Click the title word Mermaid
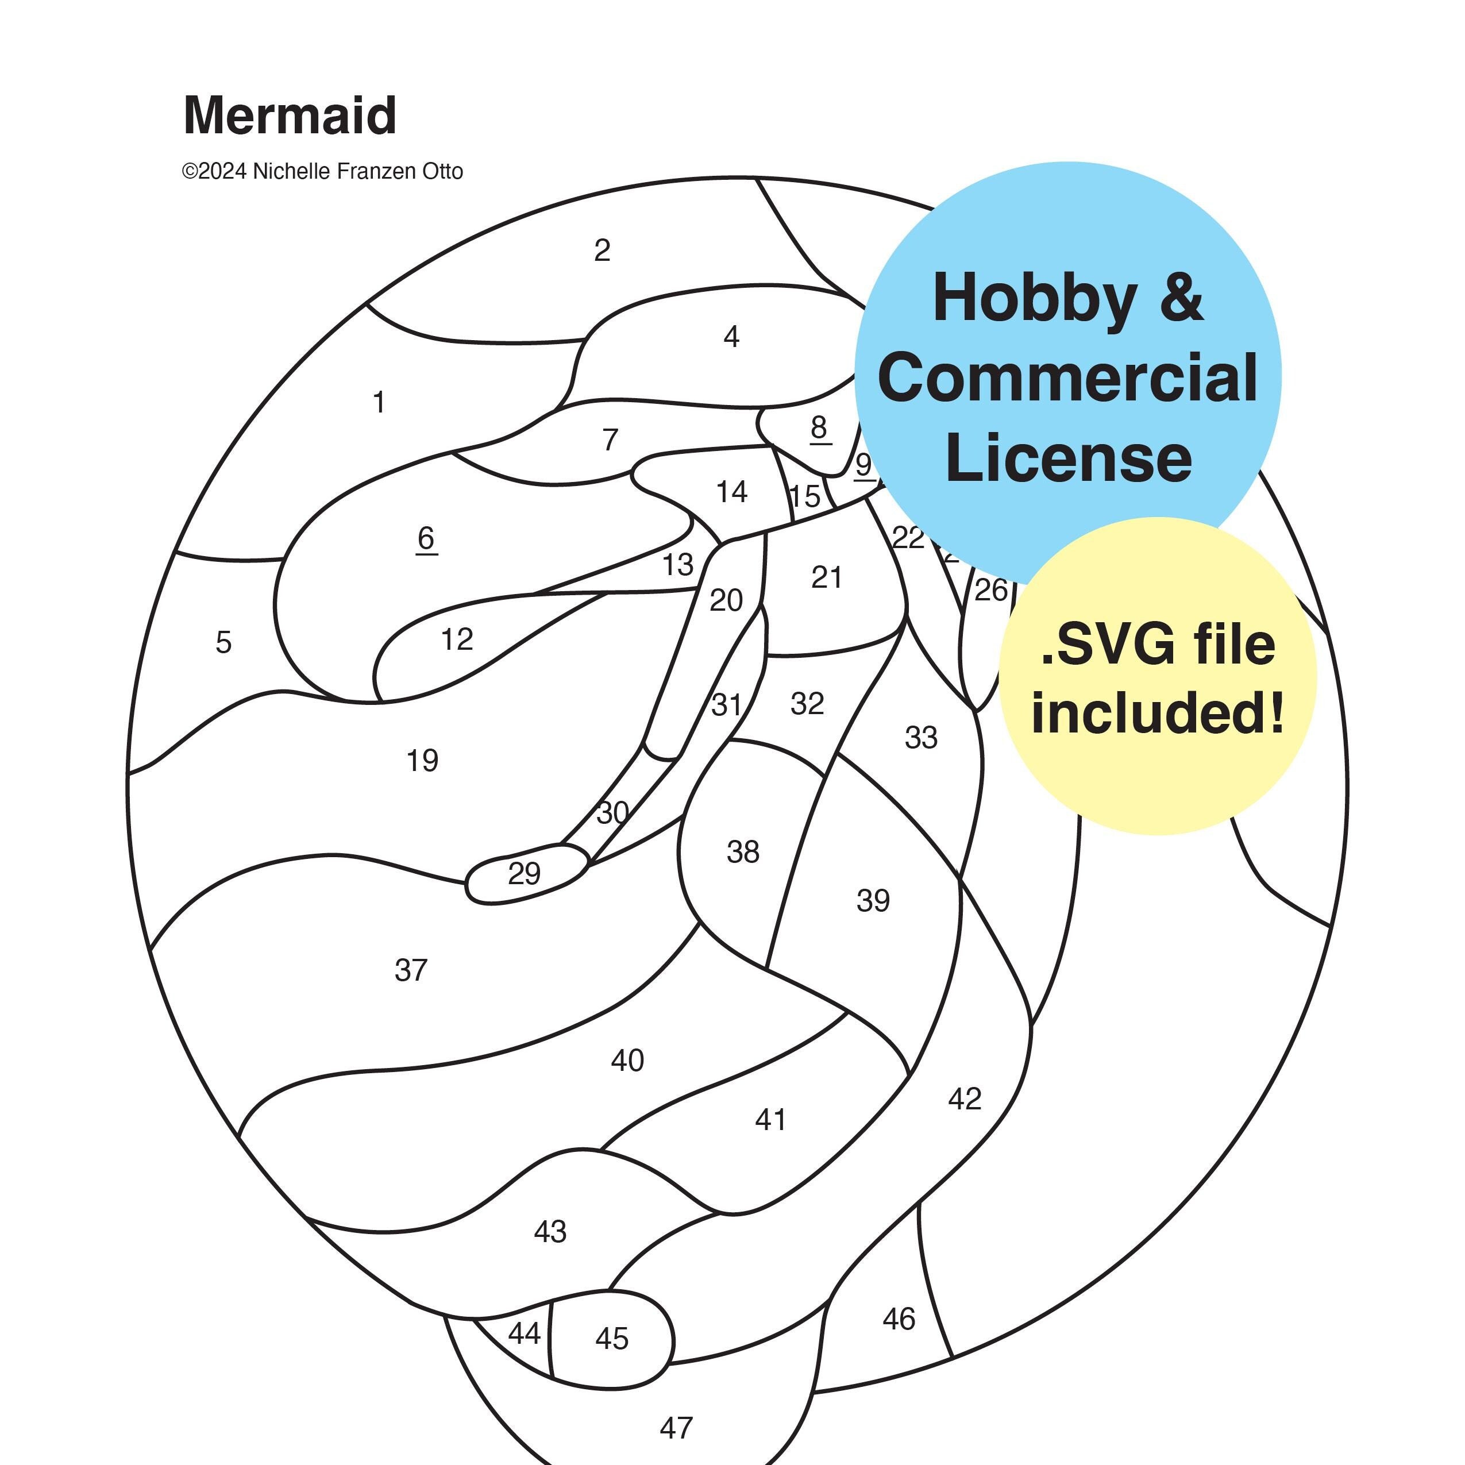point(290,115)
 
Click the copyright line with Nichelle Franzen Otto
point(322,171)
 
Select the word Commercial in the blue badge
point(1067,377)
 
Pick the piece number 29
point(524,873)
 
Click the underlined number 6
point(426,539)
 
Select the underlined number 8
point(819,429)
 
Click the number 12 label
point(457,639)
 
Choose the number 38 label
point(742,851)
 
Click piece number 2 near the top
point(602,250)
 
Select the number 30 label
point(612,813)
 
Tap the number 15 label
point(804,497)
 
